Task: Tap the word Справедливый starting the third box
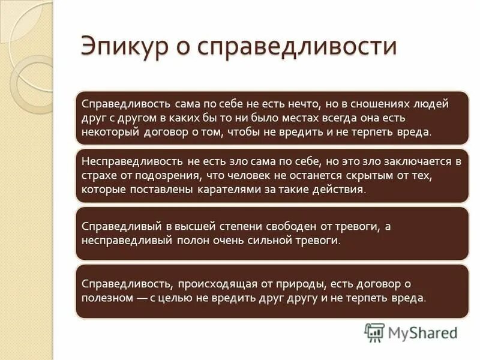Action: point(116,227)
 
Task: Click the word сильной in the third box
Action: point(263,241)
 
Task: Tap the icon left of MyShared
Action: point(374,332)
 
